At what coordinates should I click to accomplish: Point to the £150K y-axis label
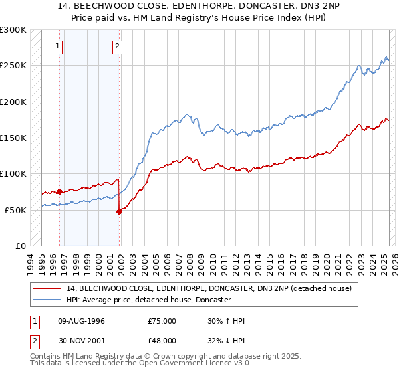click(13, 138)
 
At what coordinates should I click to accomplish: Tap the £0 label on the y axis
click(20, 246)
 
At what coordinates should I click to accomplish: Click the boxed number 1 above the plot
click(59, 46)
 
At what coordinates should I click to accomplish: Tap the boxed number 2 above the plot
click(117, 46)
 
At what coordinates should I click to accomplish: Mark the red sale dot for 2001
click(120, 211)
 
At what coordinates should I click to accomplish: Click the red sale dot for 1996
click(59, 192)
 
